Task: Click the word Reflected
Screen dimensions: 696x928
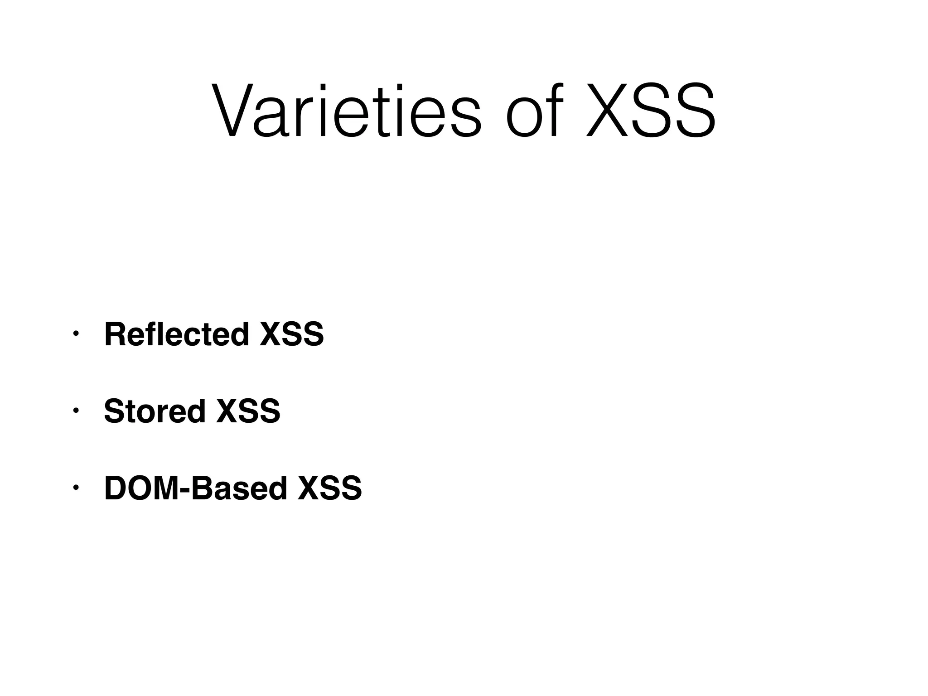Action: click(177, 334)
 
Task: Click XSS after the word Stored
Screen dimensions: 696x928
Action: click(248, 411)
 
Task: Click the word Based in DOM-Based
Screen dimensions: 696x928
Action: click(239, 488)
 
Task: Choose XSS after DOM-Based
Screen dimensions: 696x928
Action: click(330, 488)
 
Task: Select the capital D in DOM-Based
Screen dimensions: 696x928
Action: click(115, 488)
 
